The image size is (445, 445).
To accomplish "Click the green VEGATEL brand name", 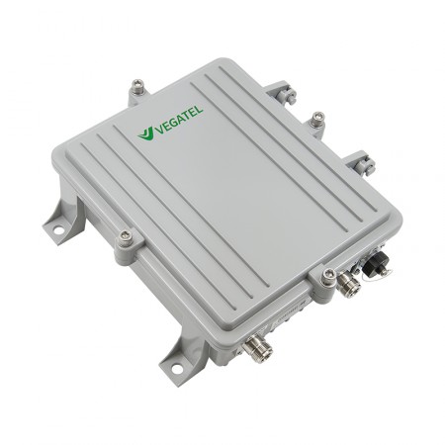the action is (178, 120).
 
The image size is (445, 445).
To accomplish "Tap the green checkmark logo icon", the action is (145, 133).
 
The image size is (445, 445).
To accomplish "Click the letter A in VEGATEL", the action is (180, 120).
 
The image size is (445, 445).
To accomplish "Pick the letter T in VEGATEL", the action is (186, 116).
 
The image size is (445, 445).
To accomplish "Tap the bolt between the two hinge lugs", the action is (317, 119).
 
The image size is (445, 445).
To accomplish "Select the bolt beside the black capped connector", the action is (328, 276).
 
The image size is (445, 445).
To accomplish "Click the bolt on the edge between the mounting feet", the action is (126, 237).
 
